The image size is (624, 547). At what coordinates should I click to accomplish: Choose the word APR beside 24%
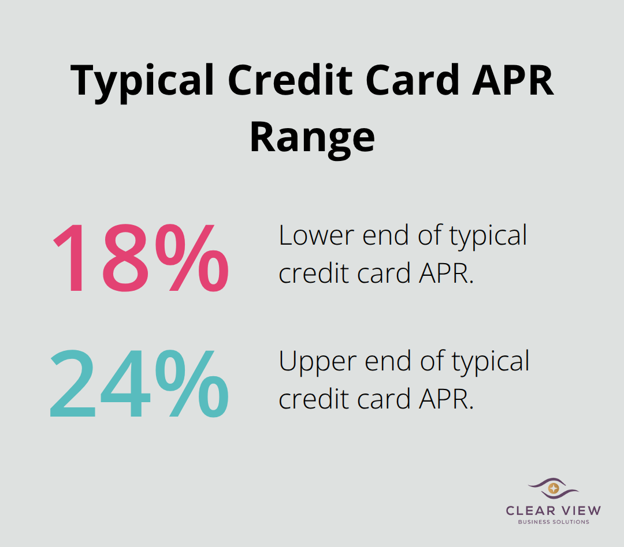click(x=448, y=399)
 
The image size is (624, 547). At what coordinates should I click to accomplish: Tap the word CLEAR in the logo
click(x=529, y=510)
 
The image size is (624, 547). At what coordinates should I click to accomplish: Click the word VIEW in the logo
click(x=579, y=510)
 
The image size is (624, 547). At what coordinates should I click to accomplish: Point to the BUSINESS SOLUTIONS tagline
click(x=553, y=522)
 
